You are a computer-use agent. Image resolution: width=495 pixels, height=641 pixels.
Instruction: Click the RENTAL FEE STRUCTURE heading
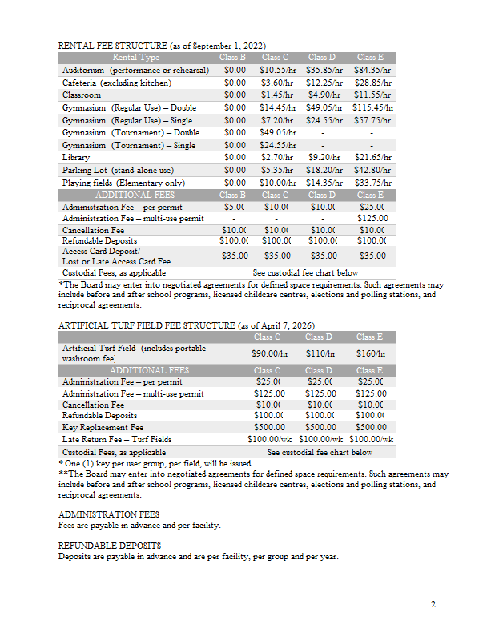162,46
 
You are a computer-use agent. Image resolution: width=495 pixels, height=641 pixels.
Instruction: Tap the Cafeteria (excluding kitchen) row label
117,83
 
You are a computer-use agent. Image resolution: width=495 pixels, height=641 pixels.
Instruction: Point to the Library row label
76,158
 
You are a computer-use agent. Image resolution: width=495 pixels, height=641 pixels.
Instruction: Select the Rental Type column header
136,58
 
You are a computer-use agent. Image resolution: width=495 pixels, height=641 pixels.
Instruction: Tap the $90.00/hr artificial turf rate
269,353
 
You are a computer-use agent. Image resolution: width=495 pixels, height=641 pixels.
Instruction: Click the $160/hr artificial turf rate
372,353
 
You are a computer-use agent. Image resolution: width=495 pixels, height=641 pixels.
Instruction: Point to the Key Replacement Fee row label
103,428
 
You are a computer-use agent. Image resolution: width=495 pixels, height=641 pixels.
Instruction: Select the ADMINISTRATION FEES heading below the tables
109,514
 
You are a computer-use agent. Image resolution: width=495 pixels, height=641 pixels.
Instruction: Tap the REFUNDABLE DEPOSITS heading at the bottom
110,545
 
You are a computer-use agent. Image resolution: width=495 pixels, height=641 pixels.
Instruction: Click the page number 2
433,604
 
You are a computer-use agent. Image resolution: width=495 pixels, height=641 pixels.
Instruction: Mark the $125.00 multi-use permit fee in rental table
372,218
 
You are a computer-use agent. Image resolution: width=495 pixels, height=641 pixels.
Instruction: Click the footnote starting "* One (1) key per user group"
156,464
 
